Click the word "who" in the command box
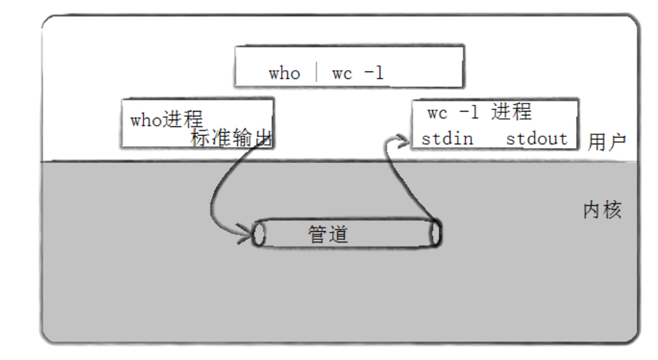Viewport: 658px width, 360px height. pyautogui.click(x=283, y=73)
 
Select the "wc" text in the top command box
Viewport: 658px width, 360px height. pyautogui.click(x=342, y=73)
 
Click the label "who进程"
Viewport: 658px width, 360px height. pyautogui.click(x=166, y=120)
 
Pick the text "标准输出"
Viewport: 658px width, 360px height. pyautogui.click(x=231, y=138)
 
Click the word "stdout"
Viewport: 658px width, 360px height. pyautogui.click(x=536, y=139)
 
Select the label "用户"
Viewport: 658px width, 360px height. pyautogui.click(x=607, y=142)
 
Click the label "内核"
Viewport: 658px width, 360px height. pyautogui.click(x=602, y=210)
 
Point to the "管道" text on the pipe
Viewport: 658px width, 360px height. pyautogui.click(x=328, y=234)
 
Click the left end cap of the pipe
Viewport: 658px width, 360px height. pyautogui.click(x=259, y=234)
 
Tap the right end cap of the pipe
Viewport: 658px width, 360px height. pyautogui.click(x=435, y=233)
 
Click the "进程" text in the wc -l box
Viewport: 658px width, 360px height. pyautogui.click(x=511, y=111)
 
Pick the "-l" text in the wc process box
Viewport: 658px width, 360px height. pyautogui.click(x=469, y=113)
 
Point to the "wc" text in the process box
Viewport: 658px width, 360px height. pyautogui.click(x=437, y=113)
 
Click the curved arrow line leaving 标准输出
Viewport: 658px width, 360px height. pyautogui.click(x=216, y=190)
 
